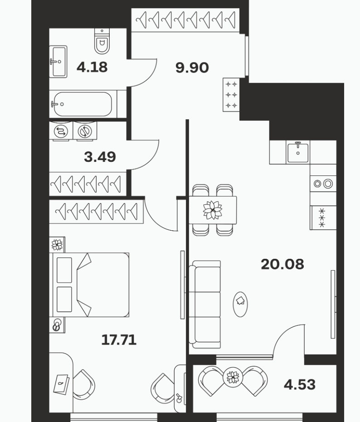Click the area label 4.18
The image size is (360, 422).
[x=92, y=67]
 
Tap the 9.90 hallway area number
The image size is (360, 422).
[x=192, y=68]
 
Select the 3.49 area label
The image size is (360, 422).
[x=100, y=157]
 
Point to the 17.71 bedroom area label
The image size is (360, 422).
[x=119, y=340]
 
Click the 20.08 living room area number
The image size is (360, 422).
[x=282, y=264]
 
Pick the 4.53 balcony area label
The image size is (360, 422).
[x=300, y=384]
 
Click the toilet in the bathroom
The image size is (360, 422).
[x=102, y=41]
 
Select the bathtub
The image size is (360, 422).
[x=82, y=104]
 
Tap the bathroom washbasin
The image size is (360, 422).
[x=58, y=62]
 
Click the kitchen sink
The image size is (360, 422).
[x=298, y=152]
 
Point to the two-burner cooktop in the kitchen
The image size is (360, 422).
[x=323, y=184]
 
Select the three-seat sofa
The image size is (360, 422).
[x=205, y=305]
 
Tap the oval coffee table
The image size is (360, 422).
[x=240, y=305]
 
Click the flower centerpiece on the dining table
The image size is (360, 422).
[x=213, y=210]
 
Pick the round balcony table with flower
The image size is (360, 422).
[x=233, y=377]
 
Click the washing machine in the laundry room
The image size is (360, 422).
[x=61, y=131]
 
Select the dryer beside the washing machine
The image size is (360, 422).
[x=85, y=131]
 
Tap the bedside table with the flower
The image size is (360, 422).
[x=57, y=245]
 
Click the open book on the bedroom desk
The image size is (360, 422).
[x=61, y=384]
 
